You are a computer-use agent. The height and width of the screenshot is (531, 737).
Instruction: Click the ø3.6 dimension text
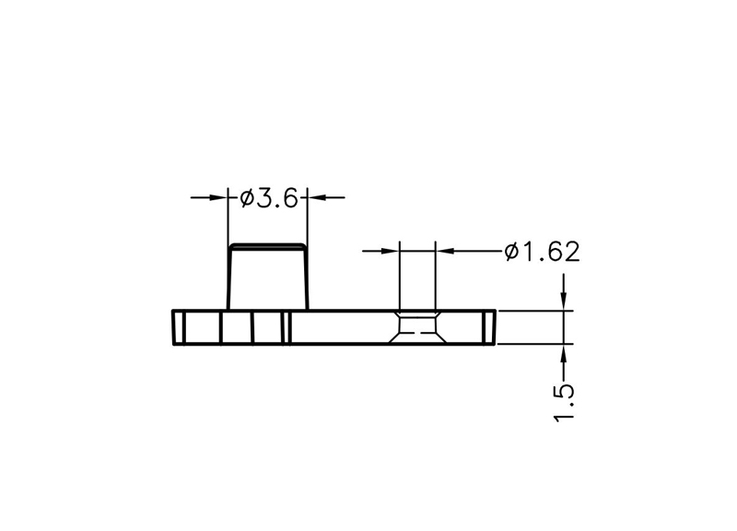click(269, 198)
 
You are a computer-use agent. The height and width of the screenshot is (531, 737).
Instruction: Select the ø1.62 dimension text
click(542, 252)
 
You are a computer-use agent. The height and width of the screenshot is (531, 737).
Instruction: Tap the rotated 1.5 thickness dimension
click(564, 403)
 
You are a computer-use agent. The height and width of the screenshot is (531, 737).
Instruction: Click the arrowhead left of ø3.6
click(218, 197)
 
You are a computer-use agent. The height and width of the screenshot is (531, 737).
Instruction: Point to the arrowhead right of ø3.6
click(316, 197)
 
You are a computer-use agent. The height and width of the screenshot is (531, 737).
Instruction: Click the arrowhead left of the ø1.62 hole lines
click(390, 251)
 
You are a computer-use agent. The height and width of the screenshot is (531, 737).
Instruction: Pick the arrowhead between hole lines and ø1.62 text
click(445, 251)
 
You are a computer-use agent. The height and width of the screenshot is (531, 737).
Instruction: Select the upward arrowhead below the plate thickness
click(564, 354)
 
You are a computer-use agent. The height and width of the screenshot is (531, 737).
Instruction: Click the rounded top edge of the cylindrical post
click(267, 245)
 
